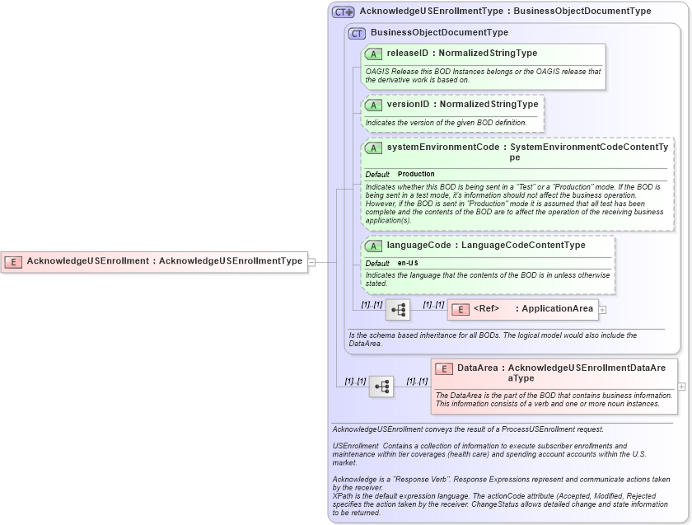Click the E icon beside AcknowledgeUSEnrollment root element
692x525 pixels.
pyautogui.click(x=13, y=261)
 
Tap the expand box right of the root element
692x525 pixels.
pyautogui.click(x=311, y=262)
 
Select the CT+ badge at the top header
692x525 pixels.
pyautogui.click(x=344, y=12)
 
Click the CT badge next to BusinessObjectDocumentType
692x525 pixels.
pyautogui.click(x=357, y=33)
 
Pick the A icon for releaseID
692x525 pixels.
pyautogui.click(x=373, y=54)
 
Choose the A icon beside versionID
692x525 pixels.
pyautogui.click(x=373, y=105)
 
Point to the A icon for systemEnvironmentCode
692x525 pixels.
pyautogui.click(x=373, y=148)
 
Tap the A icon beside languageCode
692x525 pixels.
pyautogui.click(x=373, y=246)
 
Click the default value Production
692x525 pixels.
pyautogui.click(x=416, y=175)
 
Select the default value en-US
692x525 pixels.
pyautogui.click(x=409, y=263)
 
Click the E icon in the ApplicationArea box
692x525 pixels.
pyautogui.click(x=459, y=309)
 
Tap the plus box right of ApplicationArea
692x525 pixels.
pyautogui.click(x=602, y=310)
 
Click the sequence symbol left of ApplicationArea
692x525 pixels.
pyautogui.click(x=398, y=310)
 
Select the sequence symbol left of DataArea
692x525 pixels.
pyautogui.click(x=381, y=386)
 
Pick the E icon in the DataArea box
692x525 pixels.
pyautogui.click(x=443, y=368)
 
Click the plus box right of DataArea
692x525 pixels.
pyautogui.click(x=681, y=386)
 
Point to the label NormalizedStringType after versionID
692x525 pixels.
pyautogui.click(x=489, y=105)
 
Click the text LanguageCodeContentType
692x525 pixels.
pyautogui.click(x=523, y=246)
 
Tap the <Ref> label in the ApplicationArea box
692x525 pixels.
pyautogui.click(x=487, y=309)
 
